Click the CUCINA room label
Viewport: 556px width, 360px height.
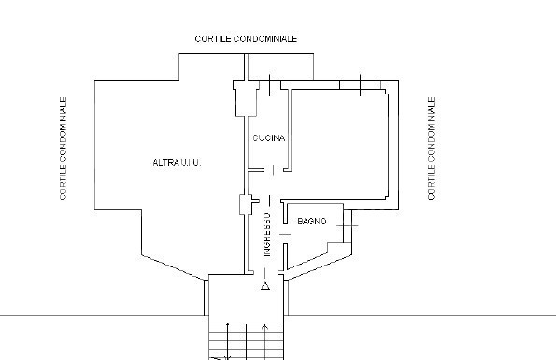click(269, 138)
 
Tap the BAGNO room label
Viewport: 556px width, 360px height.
click(312, 222)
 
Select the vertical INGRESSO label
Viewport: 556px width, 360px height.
click(266, 235)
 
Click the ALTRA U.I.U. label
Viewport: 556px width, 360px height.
click(177, 163)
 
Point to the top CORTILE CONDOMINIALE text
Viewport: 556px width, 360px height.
click(246, 38)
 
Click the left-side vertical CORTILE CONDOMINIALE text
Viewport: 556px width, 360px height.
click(64, 149)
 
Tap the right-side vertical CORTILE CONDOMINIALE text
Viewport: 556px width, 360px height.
click(431, 149)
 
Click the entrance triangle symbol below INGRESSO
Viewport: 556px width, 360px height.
click(265, 286)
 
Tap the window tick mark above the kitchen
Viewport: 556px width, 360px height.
click(269, 85)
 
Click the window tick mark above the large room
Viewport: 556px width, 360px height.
click(361, 85)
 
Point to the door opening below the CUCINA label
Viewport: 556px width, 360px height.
click(273, 170)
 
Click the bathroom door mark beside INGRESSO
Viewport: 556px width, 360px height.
click(285, 234)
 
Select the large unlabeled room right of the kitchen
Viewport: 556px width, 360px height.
click(338, 144)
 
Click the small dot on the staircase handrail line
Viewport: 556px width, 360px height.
click(228, 324)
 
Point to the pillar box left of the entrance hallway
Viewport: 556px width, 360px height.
click(246, 205)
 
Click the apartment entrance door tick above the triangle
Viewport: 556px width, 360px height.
click(265, 273)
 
